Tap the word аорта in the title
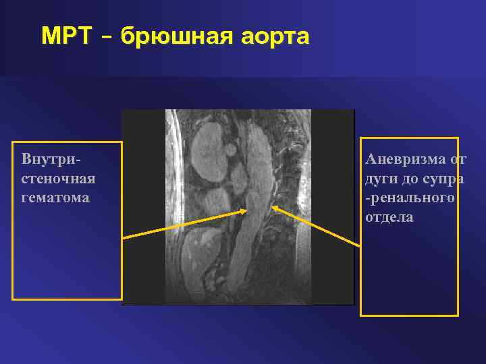pyautogui.click(x=275, y=36)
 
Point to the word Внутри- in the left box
pyautogui.click(x=51, y=160)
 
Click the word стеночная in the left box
pyautogui.click(x=58, y=179)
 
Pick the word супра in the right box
pyautogui.click(x=442, y=179)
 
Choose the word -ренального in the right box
pyautogui.click(x=409, y=198)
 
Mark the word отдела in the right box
pyautogui.click(x=389, y=217)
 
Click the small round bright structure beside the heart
pyautogui.click(x=230, y=147)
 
